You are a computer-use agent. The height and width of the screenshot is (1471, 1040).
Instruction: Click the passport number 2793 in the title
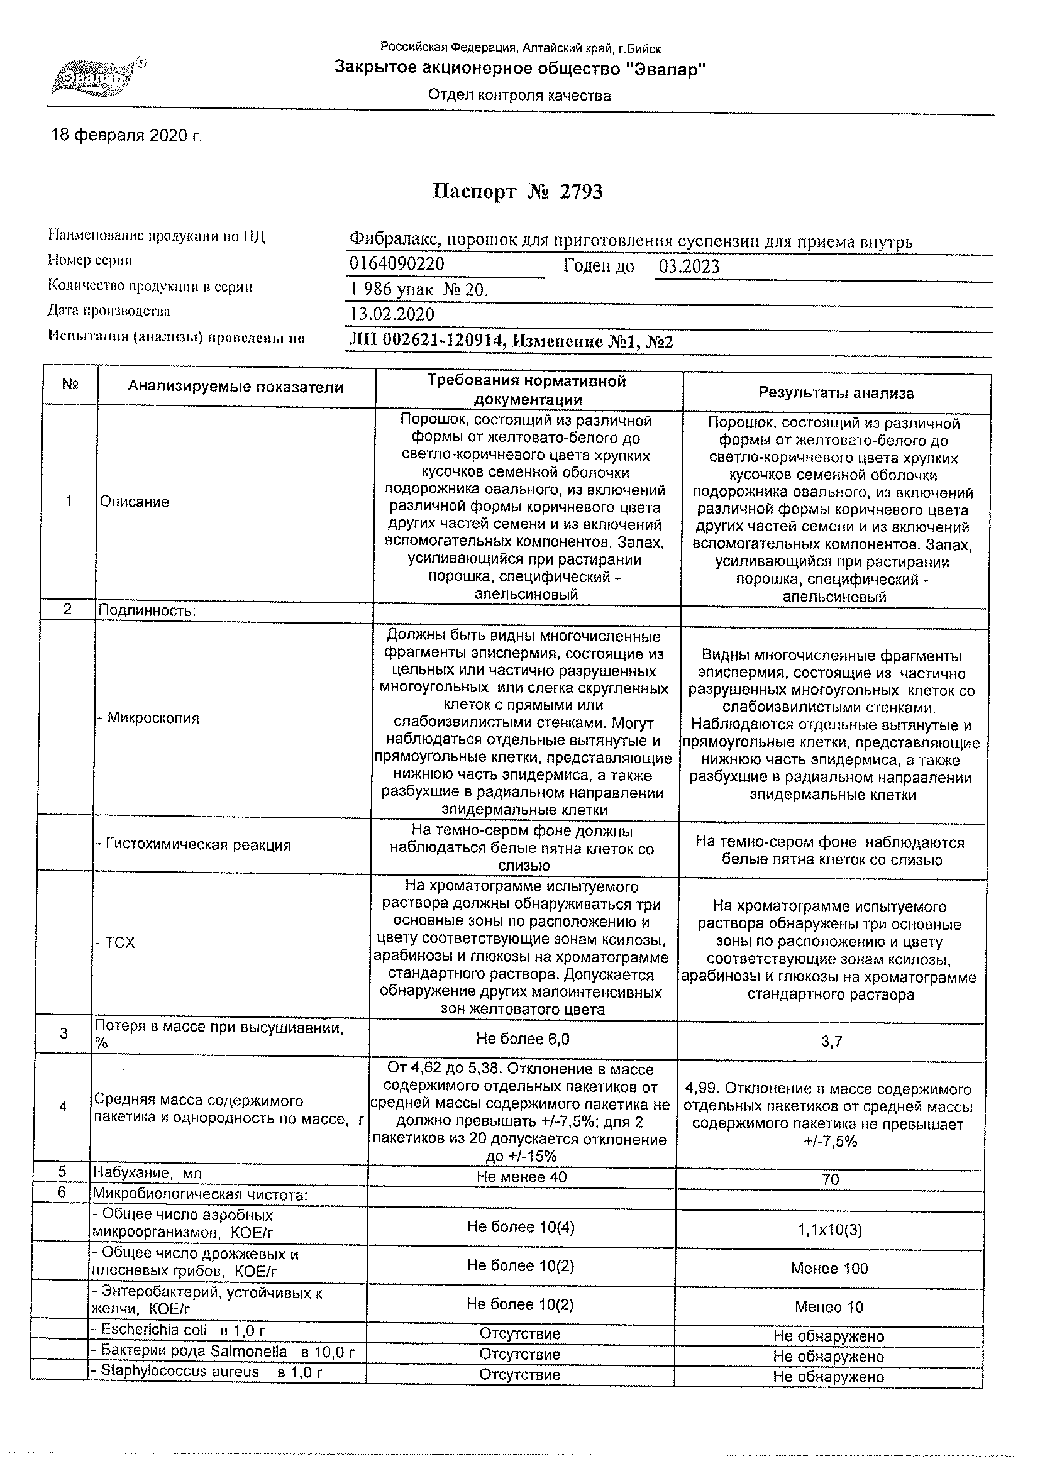coord(580,192)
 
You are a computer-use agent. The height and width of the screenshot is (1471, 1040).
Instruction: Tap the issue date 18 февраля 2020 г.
coord(126,135)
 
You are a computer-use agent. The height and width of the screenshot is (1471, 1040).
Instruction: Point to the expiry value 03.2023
coord(689,267)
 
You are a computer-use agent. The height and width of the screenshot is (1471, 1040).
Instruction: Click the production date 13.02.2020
coord(392,314)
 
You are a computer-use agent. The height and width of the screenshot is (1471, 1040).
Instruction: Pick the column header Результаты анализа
coord(836,393)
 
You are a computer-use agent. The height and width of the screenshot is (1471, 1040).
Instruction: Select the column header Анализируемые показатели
coord(235,387)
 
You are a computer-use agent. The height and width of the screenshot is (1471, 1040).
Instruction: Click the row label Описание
coord(135,502)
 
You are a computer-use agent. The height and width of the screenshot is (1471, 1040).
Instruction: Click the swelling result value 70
coord(830,1179)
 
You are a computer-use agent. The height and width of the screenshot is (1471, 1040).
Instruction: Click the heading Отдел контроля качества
coord(519,96)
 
